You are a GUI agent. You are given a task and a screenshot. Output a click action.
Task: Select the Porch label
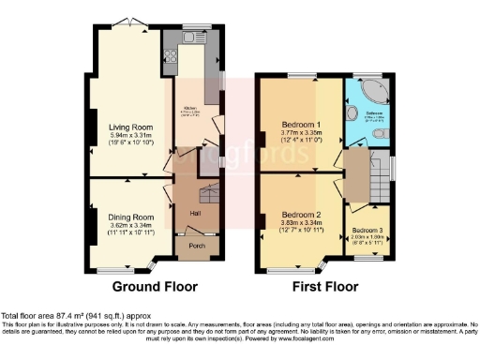[x=197, y=247]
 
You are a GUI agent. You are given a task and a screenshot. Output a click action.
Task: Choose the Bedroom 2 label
[x=302, y=215]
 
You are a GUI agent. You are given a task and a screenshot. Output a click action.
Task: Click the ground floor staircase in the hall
[x=207, y=197]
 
